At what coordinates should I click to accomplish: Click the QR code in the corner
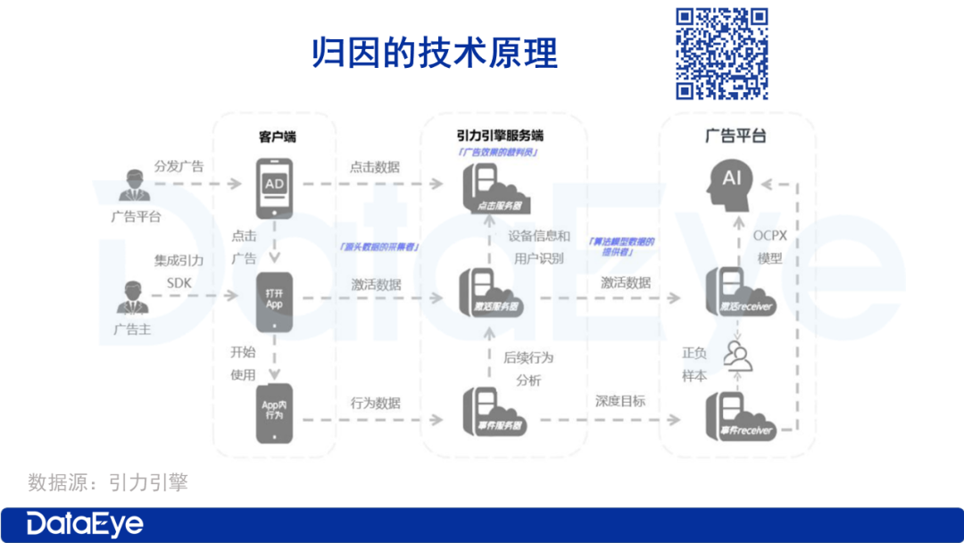pyautogui.click(x=721, y=53)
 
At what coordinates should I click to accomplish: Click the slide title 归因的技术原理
pyautogui.click(x=435, y=54)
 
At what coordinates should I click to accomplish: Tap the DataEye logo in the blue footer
pyautogui.click(x=85, y=524)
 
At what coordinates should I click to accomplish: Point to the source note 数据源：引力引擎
pyautogui.click(x=107, y=483)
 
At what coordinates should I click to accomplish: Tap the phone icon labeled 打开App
pyautogui.click(x=274, y=298)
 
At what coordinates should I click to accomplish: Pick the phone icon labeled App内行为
pyautogui.click(x=274, y=413)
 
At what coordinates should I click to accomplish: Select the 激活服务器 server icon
pyautogui.click(x=490, y=292)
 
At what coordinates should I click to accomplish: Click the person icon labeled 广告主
pyautogui.click(x=131, y=298)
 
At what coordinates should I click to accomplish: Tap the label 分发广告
pyautogui.click(x=179, y=166)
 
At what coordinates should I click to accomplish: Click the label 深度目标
pyautogui.click(x=620, y=401)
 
